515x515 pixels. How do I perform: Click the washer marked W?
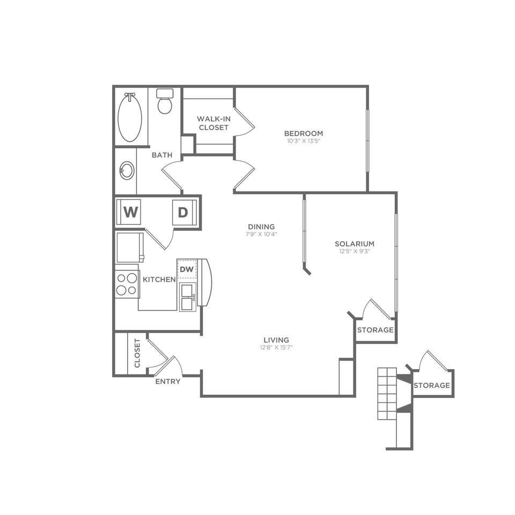point(130,212)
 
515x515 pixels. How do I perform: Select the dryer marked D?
point(183,212)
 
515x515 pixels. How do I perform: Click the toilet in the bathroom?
point(165,101)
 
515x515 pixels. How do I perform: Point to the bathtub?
point(130,117)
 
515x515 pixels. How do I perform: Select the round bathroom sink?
point(127,171)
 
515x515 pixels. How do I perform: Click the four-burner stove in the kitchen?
point(127,284)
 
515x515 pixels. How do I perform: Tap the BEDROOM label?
point(303,134)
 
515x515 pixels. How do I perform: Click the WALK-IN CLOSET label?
point(214,123)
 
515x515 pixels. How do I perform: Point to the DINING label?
point(261,226)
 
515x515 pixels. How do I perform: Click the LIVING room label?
point(276,340)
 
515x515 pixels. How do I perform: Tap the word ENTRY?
point(168,381)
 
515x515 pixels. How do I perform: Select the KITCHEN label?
point(159,279)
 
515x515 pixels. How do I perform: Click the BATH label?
point(161,155)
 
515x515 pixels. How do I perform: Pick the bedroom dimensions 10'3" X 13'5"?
point(303,141)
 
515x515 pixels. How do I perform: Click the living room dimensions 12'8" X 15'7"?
point(276,347)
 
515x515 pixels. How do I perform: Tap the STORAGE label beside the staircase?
point(431,385)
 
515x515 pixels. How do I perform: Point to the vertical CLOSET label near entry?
point(137,352)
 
